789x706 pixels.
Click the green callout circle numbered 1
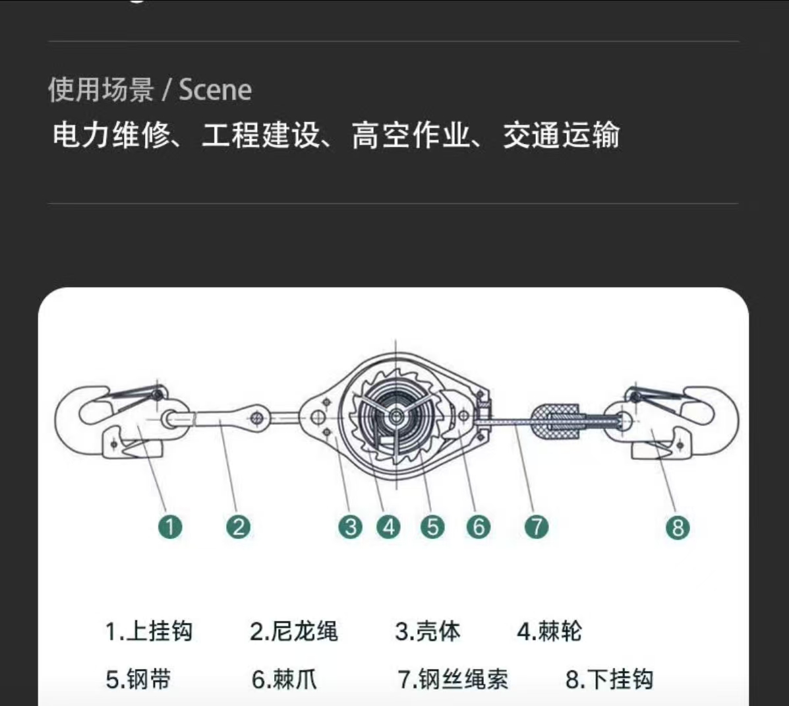pos(169,527)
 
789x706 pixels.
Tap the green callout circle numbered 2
pos(238,527)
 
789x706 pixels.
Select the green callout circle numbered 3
pos(350,527)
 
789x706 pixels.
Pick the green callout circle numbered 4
pos(388,527)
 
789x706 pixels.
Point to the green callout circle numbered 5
pos(433,527)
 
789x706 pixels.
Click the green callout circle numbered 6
pos(478,527)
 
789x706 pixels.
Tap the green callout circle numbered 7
pos(537,527)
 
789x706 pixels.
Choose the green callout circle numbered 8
pos(678,527)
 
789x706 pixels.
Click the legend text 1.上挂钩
pos(149,631)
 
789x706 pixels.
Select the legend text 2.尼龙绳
pos(294,631)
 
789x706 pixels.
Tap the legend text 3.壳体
pos(428,631)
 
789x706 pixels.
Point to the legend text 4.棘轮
pos(550,631)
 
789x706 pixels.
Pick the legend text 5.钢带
pos(138,680)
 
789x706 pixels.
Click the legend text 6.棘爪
pos(284,680)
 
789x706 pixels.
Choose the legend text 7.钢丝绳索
pos(453,680)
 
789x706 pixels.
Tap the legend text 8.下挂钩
pos(610,680)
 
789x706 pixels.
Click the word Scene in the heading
pos(216,90)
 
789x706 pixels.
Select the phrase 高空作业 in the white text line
pos(410,135)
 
